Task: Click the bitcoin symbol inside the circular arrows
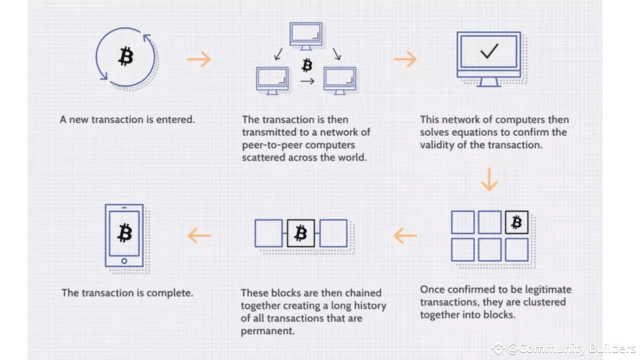click(x=125, y=57)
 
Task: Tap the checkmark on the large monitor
click(x=488, y=51)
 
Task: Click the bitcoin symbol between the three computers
click(x=307, y=65)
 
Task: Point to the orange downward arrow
click(x=489, y=180)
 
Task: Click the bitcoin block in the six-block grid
click(x=516, y=222)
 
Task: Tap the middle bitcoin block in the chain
click(x=301, y=233)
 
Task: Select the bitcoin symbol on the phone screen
click(x=124, y=232)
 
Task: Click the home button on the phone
click(x=124, y=260)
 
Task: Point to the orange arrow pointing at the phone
click(x=199, y=235)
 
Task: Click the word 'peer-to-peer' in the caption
click(x=270, y=145)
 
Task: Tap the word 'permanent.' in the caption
click(x=267, y=331)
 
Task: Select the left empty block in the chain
click(x=268, y=233)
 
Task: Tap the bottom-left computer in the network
click(x=272, y=80)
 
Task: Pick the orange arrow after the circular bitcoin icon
click(x=199, y=59)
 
